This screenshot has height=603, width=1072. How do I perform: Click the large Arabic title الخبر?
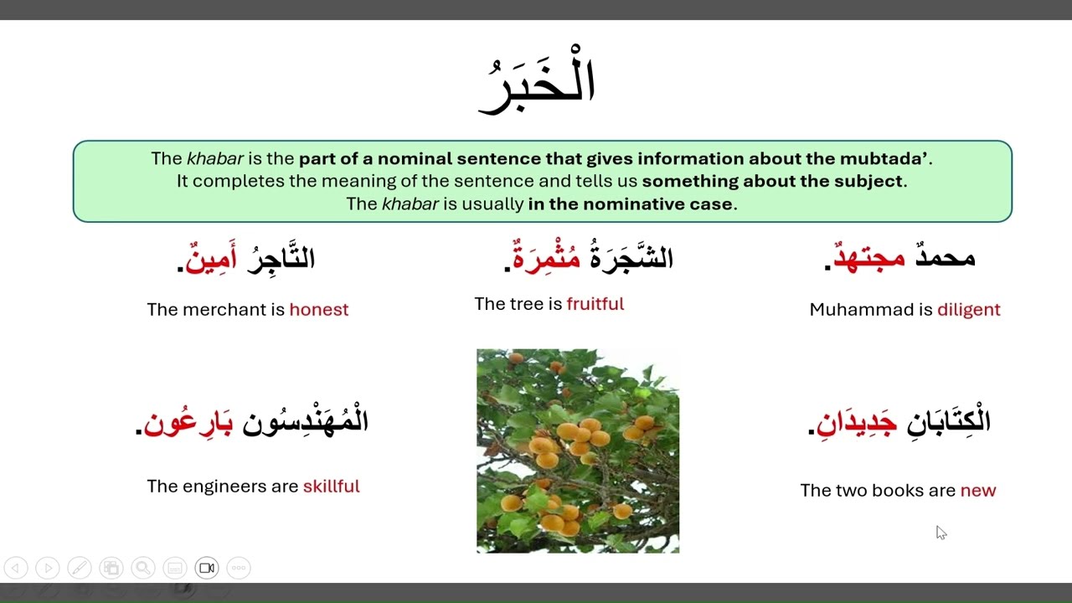(537, 84)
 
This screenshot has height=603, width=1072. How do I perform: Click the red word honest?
(318, 310)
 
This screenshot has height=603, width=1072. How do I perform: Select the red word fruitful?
(595, 304)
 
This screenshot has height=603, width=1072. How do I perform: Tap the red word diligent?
(968, 310)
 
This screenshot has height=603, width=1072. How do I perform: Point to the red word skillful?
(331, 487)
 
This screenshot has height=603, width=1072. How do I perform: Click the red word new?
(978, 491)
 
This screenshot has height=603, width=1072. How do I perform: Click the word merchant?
(226, 310)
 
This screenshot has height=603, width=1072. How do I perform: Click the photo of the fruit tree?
(578, 451)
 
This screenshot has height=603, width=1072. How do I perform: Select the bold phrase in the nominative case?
(631, 204)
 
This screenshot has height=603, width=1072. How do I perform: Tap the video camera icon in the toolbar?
(207, 568)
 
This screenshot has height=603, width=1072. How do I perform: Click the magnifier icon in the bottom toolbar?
(143, 568)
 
